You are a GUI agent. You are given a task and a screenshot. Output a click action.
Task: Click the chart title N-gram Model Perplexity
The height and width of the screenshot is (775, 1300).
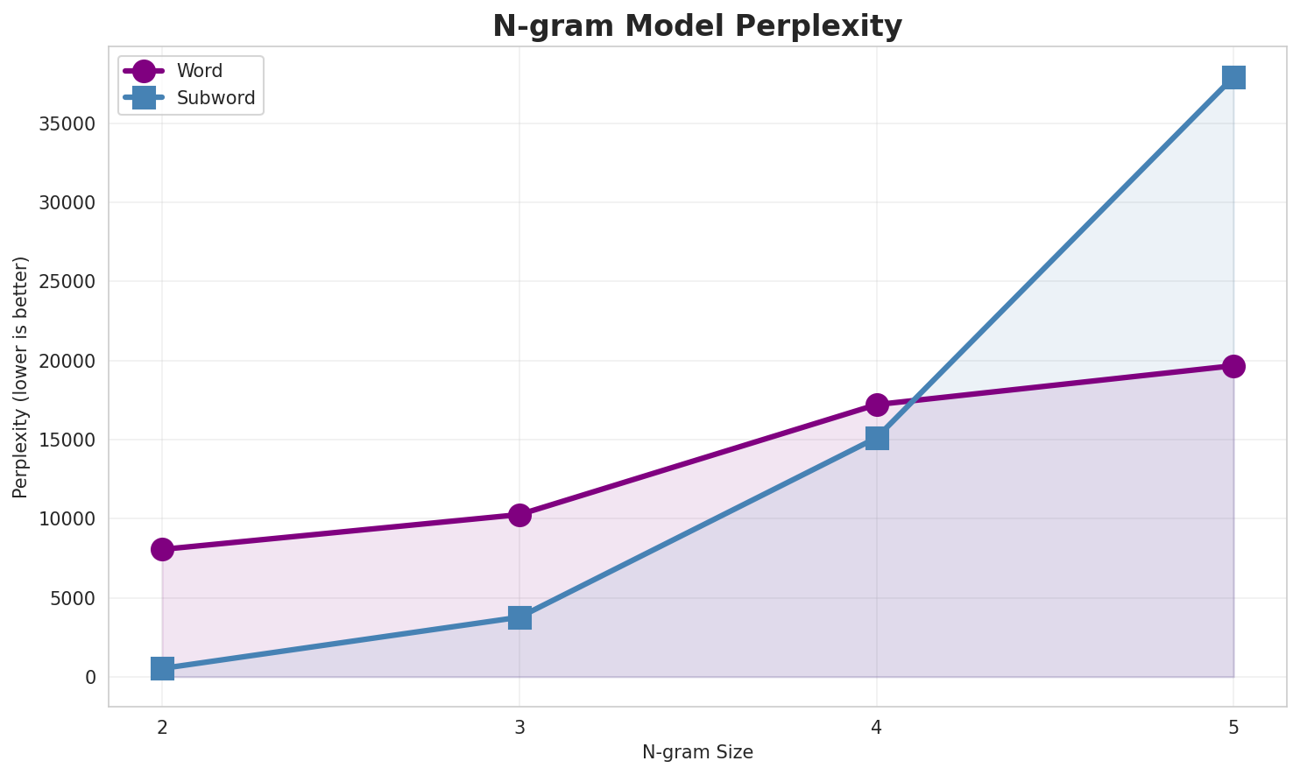coord(696,26)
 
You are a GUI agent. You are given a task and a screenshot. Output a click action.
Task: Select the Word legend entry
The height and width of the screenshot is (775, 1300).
coord(199,71)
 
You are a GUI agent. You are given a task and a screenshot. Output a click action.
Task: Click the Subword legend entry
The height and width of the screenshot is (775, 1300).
coord(215,98)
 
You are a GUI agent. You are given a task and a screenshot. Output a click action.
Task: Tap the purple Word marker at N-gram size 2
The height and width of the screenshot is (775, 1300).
coord(162,549)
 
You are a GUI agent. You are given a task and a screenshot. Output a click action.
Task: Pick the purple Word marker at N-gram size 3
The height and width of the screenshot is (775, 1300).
coord(519,515)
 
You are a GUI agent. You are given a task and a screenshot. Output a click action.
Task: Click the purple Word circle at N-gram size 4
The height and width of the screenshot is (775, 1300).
coord(877,405)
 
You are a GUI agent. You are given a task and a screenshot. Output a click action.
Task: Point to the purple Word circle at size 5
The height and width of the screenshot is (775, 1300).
coord(1233,366)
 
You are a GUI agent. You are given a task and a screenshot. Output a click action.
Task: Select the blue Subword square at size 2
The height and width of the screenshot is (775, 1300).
coord(162,669)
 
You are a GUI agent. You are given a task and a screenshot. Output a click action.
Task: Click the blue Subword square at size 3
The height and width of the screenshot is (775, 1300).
coord(519,617)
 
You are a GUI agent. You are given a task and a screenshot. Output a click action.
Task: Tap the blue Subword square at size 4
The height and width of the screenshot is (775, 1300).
coord(877,438)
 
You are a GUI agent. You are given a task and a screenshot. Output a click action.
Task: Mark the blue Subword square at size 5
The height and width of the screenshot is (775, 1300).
coord(1233,77)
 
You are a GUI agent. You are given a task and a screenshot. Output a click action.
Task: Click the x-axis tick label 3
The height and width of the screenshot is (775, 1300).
coord(519,727)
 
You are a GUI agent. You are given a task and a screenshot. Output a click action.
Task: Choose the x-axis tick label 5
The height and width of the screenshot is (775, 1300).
coord(1233,727)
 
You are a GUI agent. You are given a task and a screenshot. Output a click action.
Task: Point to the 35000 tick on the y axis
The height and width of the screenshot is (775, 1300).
coord(67,123)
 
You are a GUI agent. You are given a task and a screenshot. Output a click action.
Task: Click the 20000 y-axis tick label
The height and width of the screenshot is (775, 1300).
coord(67,361)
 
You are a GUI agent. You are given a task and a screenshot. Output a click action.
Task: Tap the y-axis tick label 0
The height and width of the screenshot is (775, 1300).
coord(90,678)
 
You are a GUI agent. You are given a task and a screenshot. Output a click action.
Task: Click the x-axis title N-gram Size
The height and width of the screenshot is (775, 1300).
coord(697,752)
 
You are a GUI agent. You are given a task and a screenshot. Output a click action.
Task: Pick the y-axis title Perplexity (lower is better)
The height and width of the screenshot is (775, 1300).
coord(21,377)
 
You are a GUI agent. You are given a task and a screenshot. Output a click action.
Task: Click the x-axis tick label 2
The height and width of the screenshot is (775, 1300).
coord(162,727)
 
